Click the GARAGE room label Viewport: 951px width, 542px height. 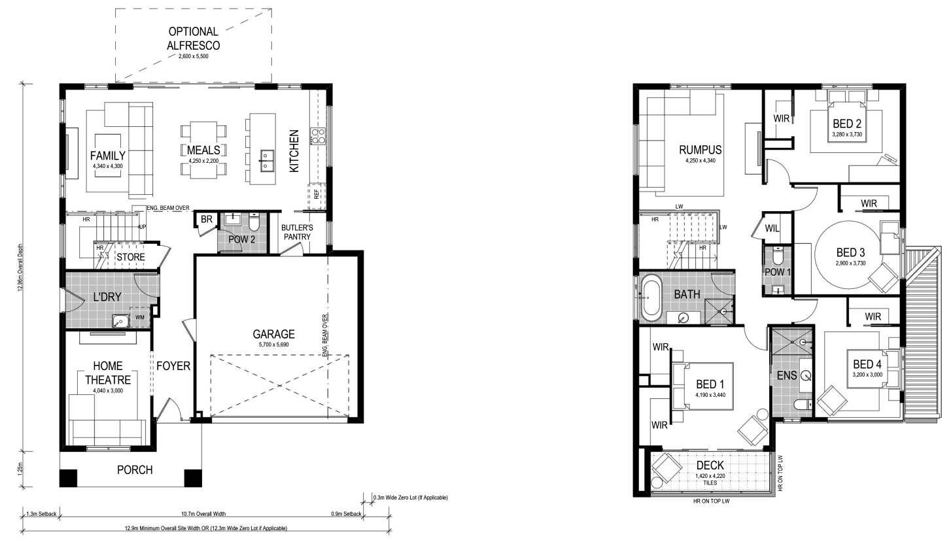(x=273, y=334)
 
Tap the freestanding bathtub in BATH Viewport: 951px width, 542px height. (x=651, y=297)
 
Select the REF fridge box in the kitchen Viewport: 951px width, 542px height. (x=317, y=197)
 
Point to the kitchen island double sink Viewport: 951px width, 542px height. (x=266, y=161)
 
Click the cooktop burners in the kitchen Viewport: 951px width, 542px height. (x=318, y=135)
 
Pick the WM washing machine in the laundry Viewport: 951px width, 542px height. (x=140, y=317)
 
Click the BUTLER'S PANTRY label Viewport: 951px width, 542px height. (x=297, y=232)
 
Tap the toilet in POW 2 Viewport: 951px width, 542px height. (x=254, y=222)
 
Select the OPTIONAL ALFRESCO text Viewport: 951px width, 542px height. (x=193, y=38)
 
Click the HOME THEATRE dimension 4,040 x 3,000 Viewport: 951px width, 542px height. (x=108, y=390)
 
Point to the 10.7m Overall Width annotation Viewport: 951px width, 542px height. (x=203, y=514)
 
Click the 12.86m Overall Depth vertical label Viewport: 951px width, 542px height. (x=21, y=267)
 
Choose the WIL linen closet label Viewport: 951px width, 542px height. (x=772, y=228)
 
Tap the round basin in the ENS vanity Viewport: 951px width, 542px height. (x=806, y=375)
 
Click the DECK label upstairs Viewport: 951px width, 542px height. (x=710, y=466)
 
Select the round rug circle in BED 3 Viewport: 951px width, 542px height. (x=850, y=255)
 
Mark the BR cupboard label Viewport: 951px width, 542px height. (x=206, y=220)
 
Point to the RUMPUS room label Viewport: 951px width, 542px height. (x=700, y=150)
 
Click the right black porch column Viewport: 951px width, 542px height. (x=193, y=478)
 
